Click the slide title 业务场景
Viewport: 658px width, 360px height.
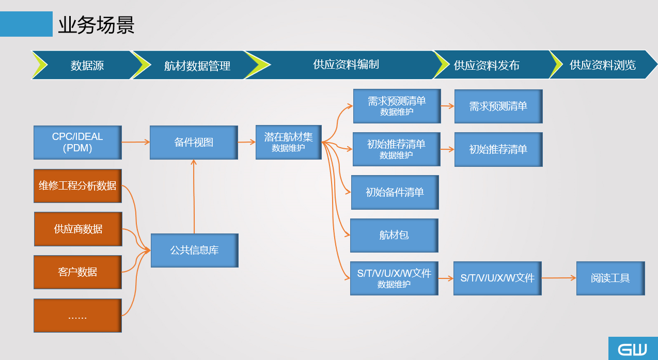tap(97, 25)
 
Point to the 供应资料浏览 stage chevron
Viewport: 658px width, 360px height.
tap(602, 65)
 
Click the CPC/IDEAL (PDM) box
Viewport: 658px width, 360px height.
tap(77, 143)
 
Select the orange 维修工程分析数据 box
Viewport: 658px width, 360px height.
tap(77, 186)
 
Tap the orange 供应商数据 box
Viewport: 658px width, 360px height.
tap(78, 229)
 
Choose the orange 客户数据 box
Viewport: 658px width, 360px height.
tap(77, 272)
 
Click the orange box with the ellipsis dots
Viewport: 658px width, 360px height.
tap(77, 316)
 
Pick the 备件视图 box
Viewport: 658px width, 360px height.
tap(194, 143)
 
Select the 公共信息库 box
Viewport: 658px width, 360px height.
tap(195, 251)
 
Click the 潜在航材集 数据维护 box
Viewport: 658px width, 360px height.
tap(289, 142)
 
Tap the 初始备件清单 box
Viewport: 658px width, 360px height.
tap(395, 193)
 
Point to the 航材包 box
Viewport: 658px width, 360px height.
tap(394, 236)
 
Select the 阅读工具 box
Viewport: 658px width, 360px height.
tap(610, 278)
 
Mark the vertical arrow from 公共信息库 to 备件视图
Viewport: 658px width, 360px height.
tap(194, 197)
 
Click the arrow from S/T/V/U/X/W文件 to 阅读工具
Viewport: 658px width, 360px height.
tap(559, 278)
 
